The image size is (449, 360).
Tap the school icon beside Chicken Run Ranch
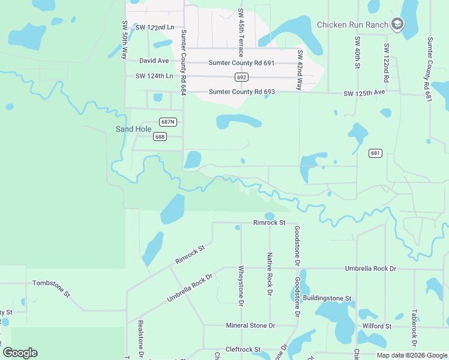pos(397,24)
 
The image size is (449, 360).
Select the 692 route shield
pos(241,77)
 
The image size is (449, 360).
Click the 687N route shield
pos(168,122)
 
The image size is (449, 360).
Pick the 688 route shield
pos(160,137)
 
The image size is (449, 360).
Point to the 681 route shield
pos(375,153)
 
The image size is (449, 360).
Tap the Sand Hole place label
pos(133,129)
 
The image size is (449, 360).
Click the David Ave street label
pos(154,61)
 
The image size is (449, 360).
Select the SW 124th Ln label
pos(154,76)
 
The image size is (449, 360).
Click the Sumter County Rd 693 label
pos(242,92)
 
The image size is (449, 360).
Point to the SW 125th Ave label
pos(364,94)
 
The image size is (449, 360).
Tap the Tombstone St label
pos(52,283)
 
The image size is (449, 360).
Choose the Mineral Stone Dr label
pos(250,326)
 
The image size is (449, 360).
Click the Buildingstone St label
pos(327,298)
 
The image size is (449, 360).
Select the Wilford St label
pos(376,326)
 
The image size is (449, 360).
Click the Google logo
pos(20,353)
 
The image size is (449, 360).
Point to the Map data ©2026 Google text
pos(411,355)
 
